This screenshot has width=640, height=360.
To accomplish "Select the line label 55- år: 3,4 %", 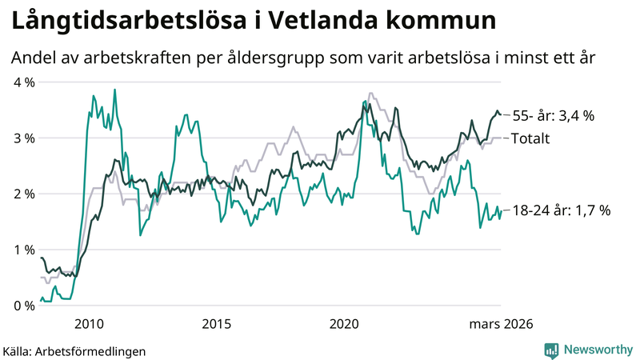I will click(553, 116).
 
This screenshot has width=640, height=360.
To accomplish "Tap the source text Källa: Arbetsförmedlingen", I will click(74, 351).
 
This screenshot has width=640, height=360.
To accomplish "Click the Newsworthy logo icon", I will click(551, 350).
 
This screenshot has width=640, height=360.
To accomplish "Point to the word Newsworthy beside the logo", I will click(596, 350).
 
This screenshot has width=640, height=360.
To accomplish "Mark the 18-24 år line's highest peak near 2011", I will click(114, 90).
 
